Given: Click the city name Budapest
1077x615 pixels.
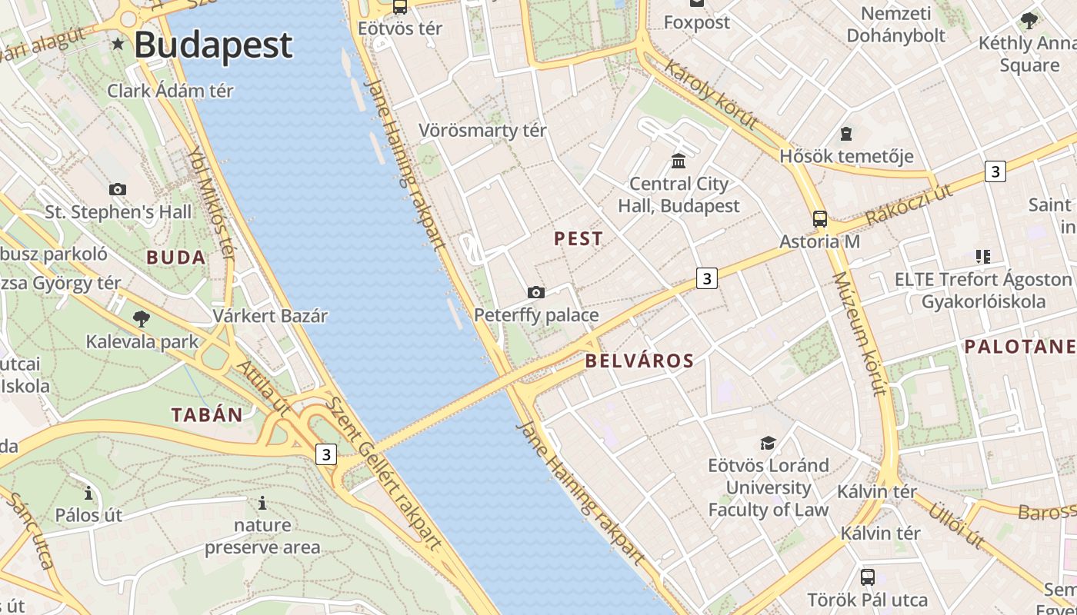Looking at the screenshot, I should [213, 45].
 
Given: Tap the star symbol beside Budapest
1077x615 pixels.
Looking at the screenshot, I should [118, 44].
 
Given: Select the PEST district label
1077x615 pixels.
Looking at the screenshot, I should [579, 239].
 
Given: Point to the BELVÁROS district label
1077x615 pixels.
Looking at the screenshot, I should [639, 361].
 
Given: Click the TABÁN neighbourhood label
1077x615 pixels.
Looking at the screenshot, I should [207, 415].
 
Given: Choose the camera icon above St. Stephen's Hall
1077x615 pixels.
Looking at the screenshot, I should [118, 189].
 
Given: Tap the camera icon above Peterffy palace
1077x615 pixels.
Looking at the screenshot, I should [536, 292].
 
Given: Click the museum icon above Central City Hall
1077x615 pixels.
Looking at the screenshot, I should [679, 161].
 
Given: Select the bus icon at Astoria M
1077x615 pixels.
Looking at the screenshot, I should [820, 218].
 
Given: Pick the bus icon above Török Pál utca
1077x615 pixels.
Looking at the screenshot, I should [868, 577].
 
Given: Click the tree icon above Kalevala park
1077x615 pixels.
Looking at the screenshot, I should [141, 318].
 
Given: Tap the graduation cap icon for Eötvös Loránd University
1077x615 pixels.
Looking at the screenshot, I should [768, 443].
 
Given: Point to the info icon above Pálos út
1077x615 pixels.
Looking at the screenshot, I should [88, 493].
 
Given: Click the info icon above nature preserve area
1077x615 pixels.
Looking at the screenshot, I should [262, 504].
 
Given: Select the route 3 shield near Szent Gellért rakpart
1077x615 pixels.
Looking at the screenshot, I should [326, 454].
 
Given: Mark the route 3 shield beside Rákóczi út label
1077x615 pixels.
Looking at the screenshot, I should [995, 171].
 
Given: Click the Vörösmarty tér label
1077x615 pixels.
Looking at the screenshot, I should [482, 131].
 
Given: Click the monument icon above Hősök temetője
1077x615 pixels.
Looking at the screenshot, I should [846, 134].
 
